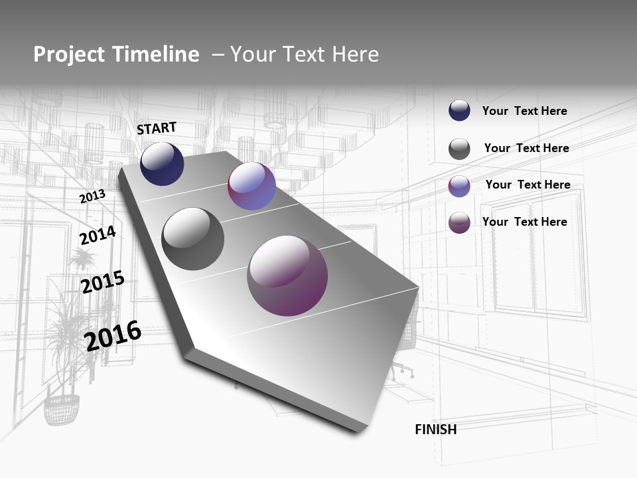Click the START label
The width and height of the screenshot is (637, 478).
pos(157,128)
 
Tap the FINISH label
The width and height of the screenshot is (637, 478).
pos(435,430)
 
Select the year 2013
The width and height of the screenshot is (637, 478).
pos(92,197)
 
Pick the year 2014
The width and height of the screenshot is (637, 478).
pos(98,236)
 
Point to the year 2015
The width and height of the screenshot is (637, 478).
pos(103,282)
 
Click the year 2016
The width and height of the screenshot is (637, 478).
pos(113,335)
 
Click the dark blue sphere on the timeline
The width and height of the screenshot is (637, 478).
pos(162,164)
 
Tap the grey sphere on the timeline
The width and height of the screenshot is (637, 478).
pos(192,239)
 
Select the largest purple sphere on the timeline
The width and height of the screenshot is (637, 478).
pos(287,276)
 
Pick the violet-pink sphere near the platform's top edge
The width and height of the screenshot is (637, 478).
pos(251,187)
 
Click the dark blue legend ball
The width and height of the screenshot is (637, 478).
pos(459,111)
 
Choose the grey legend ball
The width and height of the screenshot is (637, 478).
pos(459,149)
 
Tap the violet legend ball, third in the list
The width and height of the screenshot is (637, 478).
pos(459,186)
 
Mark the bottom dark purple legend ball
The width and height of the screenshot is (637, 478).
pos(459,222)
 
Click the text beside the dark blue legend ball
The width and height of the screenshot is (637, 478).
pos(524,111)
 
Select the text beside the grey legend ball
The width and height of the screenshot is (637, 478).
pos(526,148)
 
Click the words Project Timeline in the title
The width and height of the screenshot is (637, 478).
pos(116,54)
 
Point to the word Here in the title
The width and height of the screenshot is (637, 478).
pos(355,54)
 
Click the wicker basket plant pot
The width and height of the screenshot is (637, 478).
pos(62,409)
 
